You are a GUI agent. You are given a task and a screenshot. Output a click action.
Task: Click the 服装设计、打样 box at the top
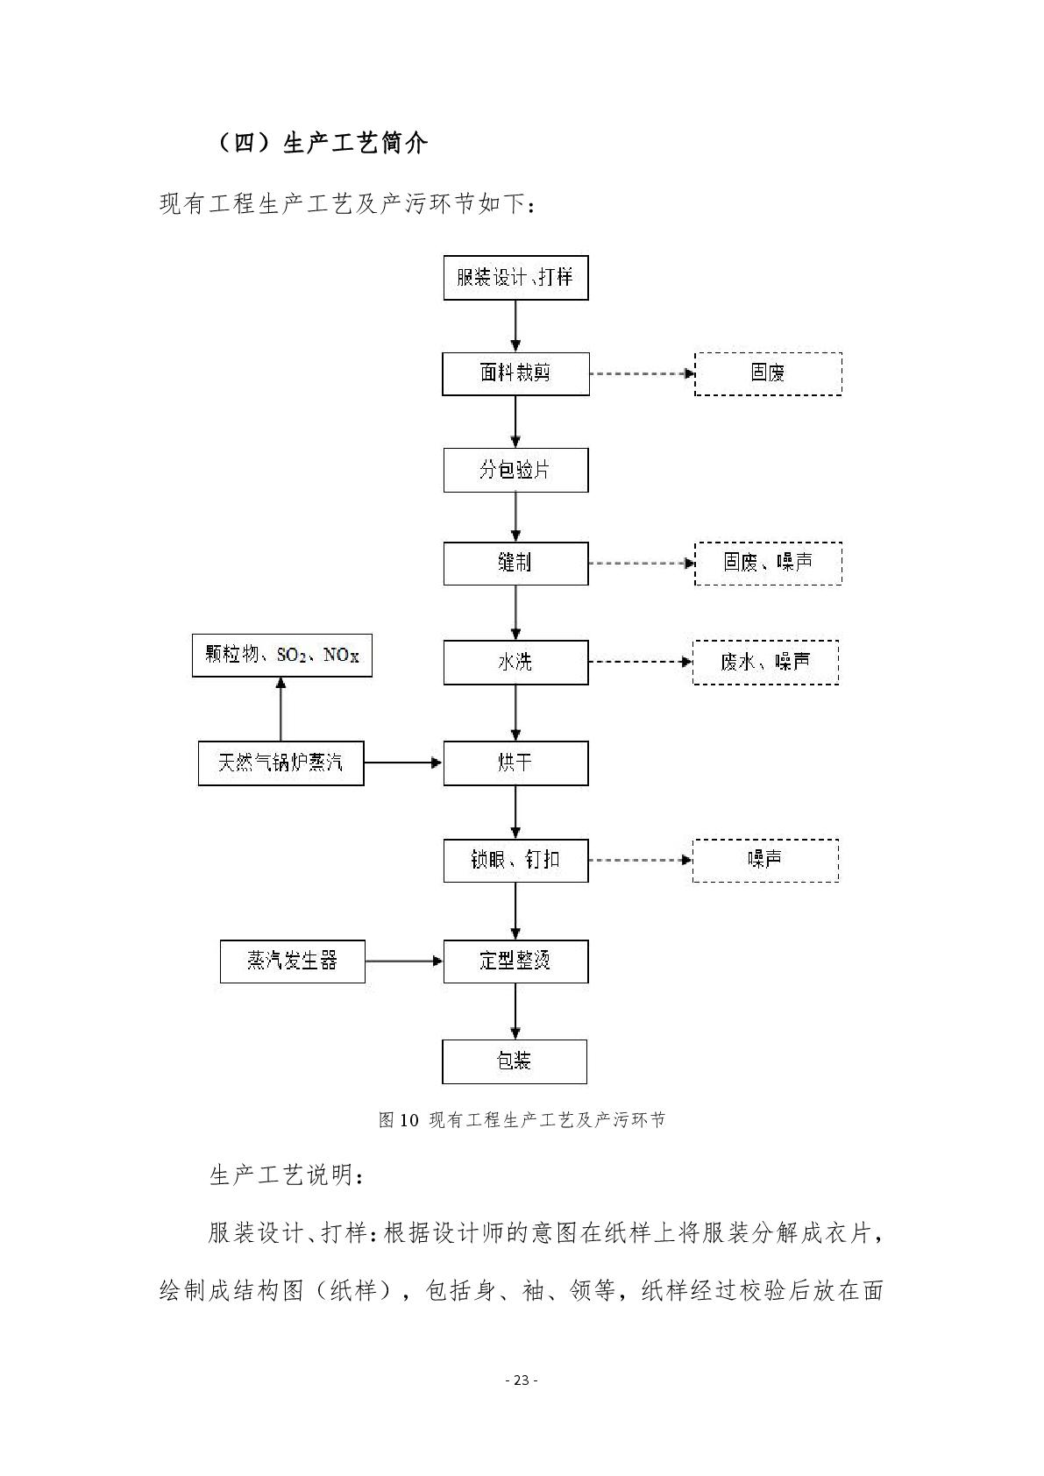[515, 278]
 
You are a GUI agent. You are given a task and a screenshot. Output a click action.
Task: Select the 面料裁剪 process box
[515, 373]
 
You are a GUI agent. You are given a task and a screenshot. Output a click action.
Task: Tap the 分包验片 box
[515, 470]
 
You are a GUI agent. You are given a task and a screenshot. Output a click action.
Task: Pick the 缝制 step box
[515, 564]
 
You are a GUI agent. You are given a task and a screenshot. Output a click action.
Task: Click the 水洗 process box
[515, 663]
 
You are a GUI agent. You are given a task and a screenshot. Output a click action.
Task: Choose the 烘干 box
[515, 763]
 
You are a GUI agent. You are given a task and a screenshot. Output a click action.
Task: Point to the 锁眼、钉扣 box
[515, 860]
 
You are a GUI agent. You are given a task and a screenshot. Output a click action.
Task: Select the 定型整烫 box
[515, 962]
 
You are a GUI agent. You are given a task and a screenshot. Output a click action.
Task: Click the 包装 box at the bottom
[514, 1061]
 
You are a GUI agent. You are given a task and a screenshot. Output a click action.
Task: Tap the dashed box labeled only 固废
[768, 373]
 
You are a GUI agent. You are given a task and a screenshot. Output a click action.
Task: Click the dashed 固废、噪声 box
[768, 564]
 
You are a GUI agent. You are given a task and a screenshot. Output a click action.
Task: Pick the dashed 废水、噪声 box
[765, 663]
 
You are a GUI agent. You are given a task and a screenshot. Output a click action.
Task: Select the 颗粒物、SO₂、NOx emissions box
[282, 655]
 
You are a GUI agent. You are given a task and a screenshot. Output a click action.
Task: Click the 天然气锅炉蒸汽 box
[281, 763]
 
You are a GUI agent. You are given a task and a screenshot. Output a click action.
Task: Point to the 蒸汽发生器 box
[292, 962]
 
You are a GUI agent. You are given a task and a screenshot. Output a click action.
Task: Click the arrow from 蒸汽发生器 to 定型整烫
[404, 962]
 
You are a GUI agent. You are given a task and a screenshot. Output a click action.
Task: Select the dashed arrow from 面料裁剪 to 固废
[642, 373]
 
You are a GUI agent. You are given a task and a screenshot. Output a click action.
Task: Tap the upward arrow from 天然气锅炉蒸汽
[281, 709]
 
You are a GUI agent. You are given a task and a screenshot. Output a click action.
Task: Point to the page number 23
[522, 1380]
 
